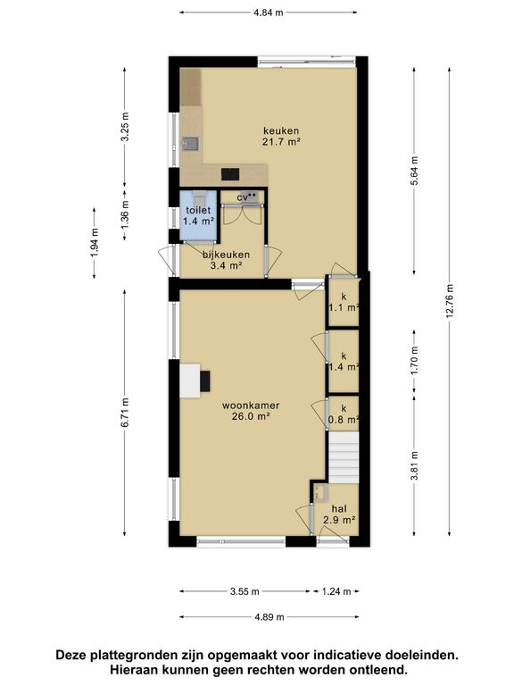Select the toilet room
pos(199,215)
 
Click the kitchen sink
pos(191,144)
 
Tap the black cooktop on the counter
pos(230,174)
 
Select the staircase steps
pos(344,457)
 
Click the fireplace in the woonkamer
pos(195,381)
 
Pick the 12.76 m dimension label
pos(450,301)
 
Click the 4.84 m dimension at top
pos(269,13)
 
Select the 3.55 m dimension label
pos(245,592)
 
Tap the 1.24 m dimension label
pos(336,592)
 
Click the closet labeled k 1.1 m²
pos(344,303)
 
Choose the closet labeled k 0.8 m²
pos(344,414)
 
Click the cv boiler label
pos(243,197)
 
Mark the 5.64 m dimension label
pos(415,171)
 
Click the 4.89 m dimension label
pos(269,617)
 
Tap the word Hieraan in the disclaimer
pos(133,670)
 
